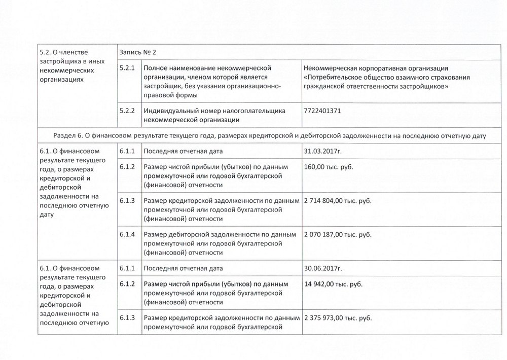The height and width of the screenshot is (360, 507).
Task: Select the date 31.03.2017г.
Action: click(323, 152)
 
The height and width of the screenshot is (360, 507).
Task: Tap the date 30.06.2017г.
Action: click(323, 268)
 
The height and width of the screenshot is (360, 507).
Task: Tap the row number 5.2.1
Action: click(127, 68)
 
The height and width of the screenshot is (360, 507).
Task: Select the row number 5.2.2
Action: click(127, 111)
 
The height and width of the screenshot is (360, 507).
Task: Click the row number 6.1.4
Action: click(127, 235)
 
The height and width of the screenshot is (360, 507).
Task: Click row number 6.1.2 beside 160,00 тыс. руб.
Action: click(127, 167)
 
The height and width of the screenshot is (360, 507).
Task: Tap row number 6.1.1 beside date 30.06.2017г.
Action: click(127, 268)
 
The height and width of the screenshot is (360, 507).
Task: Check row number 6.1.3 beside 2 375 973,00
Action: click(127, 317)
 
